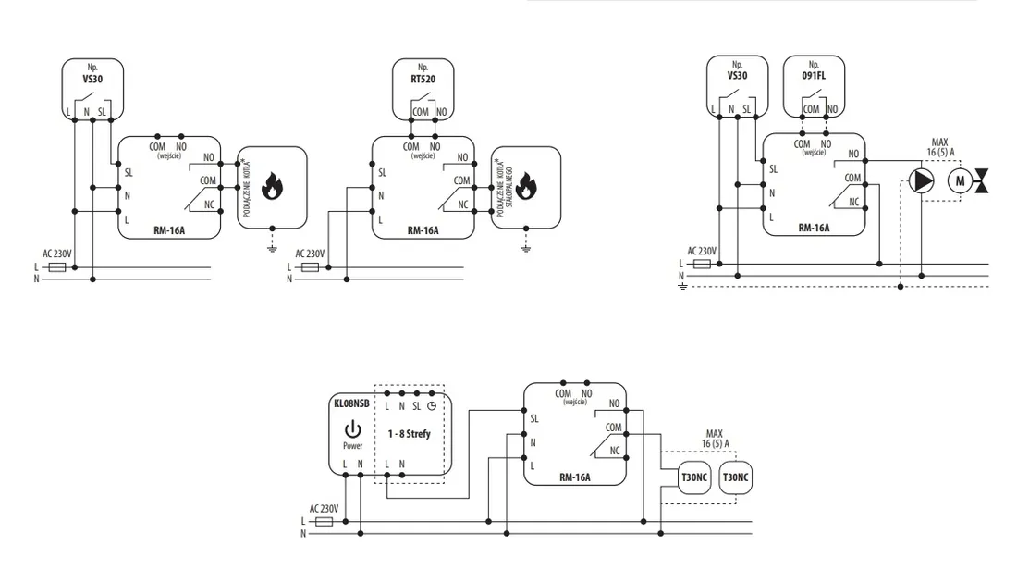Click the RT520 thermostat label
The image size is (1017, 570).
(x=423, y=80)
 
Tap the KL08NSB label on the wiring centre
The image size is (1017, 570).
(x=351, y=403)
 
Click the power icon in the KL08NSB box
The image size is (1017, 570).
(x=352, y=429)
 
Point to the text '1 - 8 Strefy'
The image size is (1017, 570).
(x=409, y=433)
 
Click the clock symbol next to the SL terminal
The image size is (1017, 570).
(x=431, y=406)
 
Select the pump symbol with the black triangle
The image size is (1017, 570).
(x=921, y=181)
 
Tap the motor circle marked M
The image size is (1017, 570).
(x=960, y=181)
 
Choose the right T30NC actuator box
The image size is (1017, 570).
(x=736, y=477)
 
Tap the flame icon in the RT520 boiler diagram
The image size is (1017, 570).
(x=526, y=186)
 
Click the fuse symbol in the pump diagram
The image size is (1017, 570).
(x=702, y=264)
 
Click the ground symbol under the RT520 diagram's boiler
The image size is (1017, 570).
(x=526, y=248)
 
